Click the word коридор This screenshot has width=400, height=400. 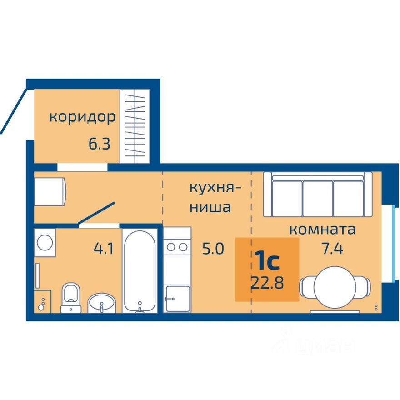[82, 117]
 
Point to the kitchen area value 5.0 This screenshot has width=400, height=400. [213, 249]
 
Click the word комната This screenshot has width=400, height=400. [322, 229]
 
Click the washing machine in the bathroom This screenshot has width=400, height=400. [45, 242]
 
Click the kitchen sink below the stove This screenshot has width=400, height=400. [177, 298]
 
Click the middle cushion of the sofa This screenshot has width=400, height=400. [317, 197]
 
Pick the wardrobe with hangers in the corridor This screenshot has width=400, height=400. [135, 125]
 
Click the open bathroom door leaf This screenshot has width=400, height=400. [97, 213]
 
